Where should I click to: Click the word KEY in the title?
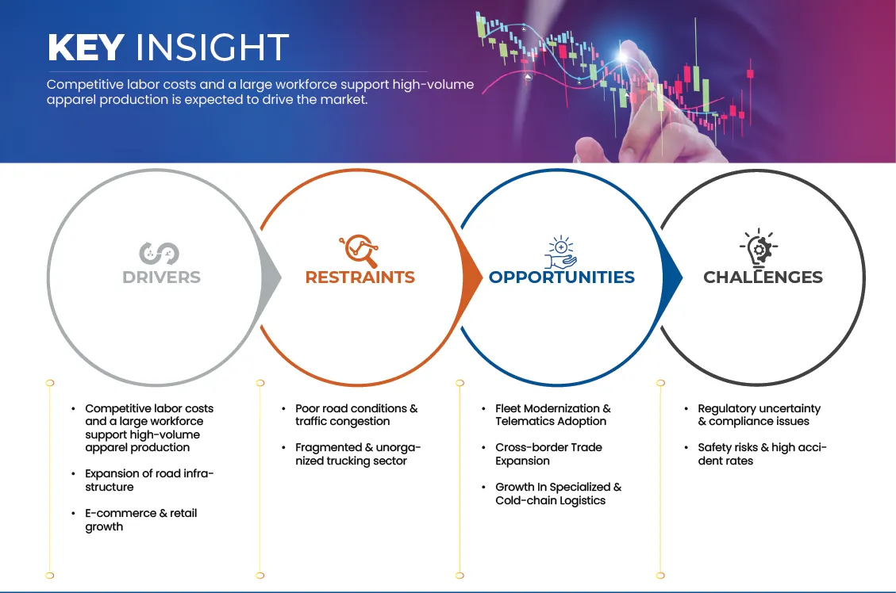[86, 47]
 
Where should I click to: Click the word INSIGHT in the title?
[212, 47]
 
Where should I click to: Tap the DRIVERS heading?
[162, 277]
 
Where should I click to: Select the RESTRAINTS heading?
[360, 277]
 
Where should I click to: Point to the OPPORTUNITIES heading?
[562, 277]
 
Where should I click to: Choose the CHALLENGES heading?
[763, 277]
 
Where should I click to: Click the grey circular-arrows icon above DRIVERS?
[159, 254]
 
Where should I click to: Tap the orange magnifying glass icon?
[359, 251]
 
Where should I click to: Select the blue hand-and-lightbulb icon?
[560, 251]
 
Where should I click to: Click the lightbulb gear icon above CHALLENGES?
[759, 248]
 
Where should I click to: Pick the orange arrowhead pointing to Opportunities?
[472, 277]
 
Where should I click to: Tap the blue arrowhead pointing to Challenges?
[672, 277]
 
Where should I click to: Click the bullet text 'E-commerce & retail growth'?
[141, 520]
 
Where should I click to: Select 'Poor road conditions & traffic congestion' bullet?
[356, 415]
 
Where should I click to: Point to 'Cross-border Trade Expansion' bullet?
[548, 454]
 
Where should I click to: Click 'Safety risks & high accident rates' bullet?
[763, 454]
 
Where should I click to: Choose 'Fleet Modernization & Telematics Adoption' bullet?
[553, 415]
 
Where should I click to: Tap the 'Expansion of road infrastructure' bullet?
[149, 480]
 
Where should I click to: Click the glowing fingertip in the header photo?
[624, 55]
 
